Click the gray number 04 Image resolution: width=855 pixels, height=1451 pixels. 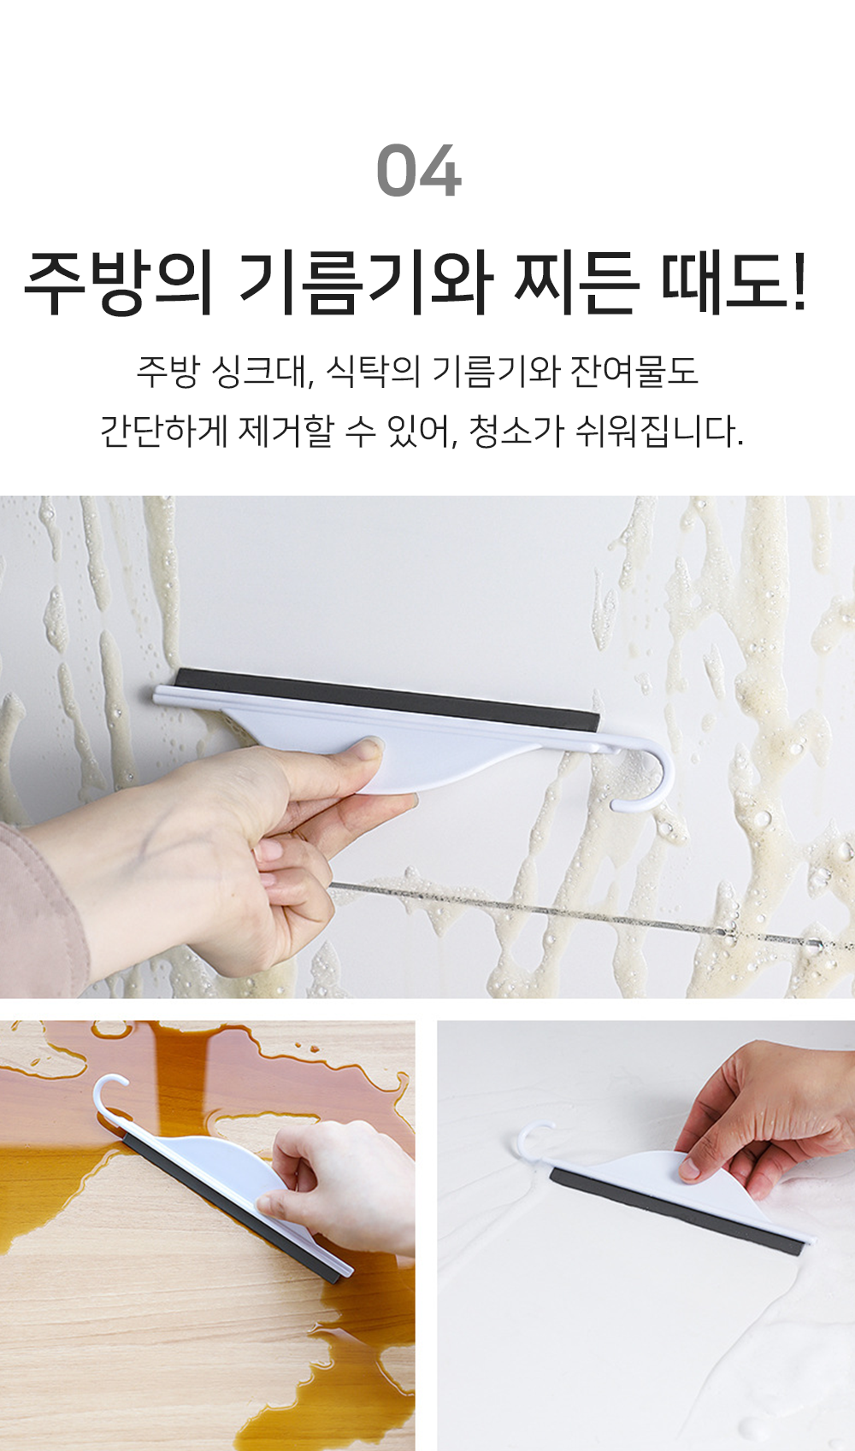[419, 170]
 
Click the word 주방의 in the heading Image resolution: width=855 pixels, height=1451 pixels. [118, 284]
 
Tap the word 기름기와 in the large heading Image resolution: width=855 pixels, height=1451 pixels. [367, 284]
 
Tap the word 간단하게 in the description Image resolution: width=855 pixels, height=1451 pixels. [164, 431]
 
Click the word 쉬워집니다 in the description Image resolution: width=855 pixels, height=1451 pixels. [658, 431]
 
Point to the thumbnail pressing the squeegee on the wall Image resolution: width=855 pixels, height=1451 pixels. [369, 750]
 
